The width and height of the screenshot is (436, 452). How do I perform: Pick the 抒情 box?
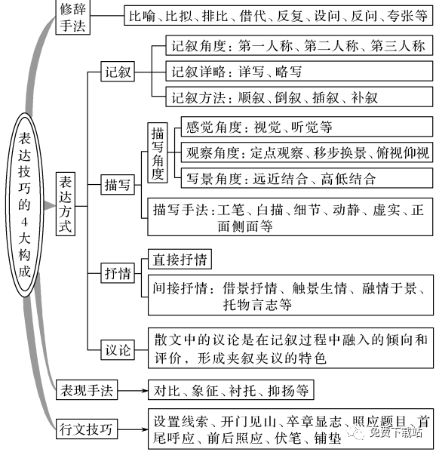(x=118, y=273)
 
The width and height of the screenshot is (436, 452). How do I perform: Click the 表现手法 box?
(x=88, y=390)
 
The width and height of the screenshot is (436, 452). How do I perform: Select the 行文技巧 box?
(x=88, y=429)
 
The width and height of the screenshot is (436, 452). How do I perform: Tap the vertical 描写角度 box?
(x=157, y=152)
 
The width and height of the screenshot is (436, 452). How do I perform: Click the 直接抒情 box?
(x=177, y=259)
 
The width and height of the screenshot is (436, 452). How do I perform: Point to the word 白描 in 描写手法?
(x=260, y=208)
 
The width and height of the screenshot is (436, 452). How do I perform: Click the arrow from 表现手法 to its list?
(x=130, y=390)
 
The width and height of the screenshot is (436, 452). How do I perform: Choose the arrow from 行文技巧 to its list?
(x=130, y=429)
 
